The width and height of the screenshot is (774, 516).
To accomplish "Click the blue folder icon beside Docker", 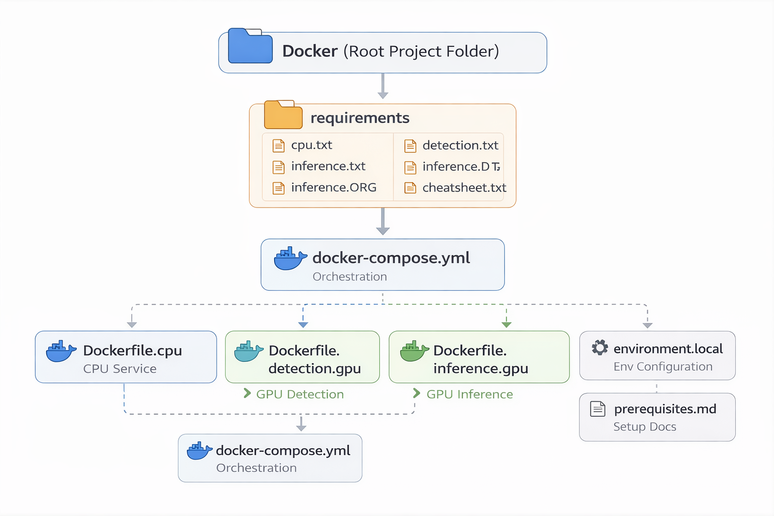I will (x=250, y=46).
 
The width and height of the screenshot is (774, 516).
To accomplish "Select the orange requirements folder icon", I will (x=283, y=115).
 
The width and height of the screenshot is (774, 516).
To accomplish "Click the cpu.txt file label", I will (x=311, y=145).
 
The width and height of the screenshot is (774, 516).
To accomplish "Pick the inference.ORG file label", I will (x=334, y=187).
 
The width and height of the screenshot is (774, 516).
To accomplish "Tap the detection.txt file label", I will (x=460, y=146).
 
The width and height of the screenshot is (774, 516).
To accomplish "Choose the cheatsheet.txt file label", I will (x=464, y=188).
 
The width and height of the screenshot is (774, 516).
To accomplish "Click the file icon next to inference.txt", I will (x=279, y=167).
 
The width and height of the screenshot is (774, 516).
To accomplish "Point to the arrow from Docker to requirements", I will (x=383, y=87).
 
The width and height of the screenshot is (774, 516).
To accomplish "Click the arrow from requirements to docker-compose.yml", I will (x=383, y=222).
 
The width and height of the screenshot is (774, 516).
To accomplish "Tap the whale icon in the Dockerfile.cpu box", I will (x=60, y=351).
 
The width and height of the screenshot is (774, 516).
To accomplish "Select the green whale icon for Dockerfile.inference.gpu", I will (x=414, y=351).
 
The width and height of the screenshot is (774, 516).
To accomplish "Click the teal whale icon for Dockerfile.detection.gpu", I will (x=248, y=352).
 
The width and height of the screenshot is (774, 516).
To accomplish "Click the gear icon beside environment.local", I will (x=600, y=348).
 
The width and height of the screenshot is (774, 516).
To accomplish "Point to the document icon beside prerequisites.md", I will (x=598, y=409).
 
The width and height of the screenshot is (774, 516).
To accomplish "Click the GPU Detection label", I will (x=300, y=394).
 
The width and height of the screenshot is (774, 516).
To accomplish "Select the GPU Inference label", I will (x=470, y=394).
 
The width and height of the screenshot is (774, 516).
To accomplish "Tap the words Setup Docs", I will (x=644, y=427).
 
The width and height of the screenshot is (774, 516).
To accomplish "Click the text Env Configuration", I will (x=663, y=367).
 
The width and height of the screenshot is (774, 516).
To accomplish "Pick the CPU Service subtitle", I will (x=120, y=369).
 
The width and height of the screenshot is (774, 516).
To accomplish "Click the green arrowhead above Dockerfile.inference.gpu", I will (x=506, y=325).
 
